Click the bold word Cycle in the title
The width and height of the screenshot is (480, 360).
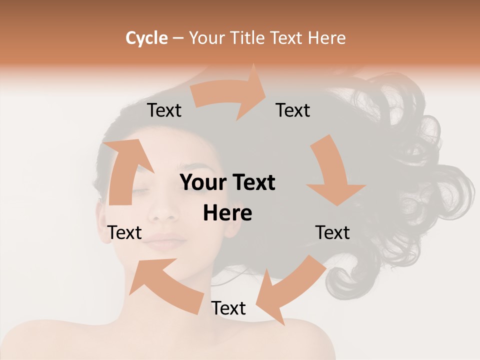click(x=146, y=38)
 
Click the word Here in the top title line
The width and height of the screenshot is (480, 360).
click(x=326, y=38)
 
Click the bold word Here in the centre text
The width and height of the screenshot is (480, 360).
click(x=227, y=213)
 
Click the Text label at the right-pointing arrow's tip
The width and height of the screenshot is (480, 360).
click(x=293, y=110)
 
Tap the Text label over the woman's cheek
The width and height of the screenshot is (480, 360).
click(x=125, y=232)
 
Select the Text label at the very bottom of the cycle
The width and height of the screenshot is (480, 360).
click(x=228, y=308)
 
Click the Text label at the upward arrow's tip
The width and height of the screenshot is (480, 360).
click(x=164, y=110)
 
